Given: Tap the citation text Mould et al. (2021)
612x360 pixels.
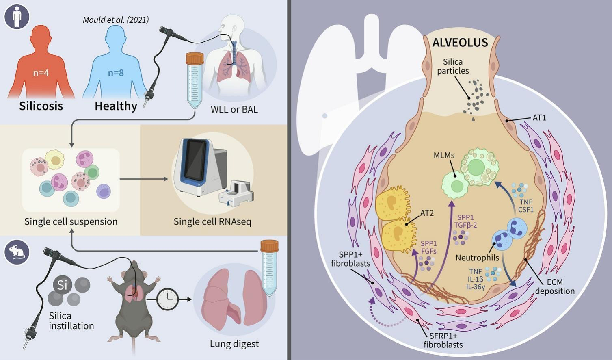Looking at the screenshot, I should click(116, 20).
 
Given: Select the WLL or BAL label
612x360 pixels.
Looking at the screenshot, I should click(234, 109).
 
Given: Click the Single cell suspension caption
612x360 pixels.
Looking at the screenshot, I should click(71, 221).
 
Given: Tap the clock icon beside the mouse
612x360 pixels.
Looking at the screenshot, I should click(167, 299).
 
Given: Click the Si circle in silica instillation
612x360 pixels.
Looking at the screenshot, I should click(62, 285).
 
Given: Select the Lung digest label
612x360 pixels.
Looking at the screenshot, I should click(234, 344).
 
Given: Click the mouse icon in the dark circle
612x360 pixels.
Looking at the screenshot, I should click(17, 252).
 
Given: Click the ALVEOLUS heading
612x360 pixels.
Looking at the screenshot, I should click(460, 43).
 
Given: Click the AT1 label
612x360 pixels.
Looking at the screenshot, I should click(539, 118).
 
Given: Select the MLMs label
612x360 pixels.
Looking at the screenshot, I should click(444, 155).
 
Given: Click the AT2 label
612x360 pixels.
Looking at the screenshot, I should click(427, 213).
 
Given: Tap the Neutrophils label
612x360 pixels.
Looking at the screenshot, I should click(477, 258).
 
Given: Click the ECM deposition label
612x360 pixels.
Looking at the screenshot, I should click(555, 286).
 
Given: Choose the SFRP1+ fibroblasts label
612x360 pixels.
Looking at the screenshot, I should click(443, 340).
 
